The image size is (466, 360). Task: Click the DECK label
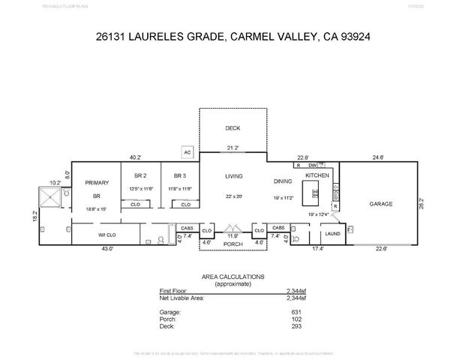coord(233,128)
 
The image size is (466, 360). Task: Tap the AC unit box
coord(188,152)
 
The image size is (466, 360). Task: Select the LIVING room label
coord(234,176)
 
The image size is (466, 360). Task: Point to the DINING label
coord(283,181)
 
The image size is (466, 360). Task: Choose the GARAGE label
coord(381,203)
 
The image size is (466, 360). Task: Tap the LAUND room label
coord(332,234)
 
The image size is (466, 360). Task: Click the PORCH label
coord(233,244)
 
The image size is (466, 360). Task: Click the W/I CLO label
coord(108,234)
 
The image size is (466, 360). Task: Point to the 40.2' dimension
coord(135,157)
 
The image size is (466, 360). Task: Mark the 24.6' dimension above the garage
coord(378,157)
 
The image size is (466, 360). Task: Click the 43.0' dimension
coord(107,249)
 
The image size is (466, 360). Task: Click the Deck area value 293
coord(295,325)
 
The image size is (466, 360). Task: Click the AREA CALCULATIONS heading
coord(233,277)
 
